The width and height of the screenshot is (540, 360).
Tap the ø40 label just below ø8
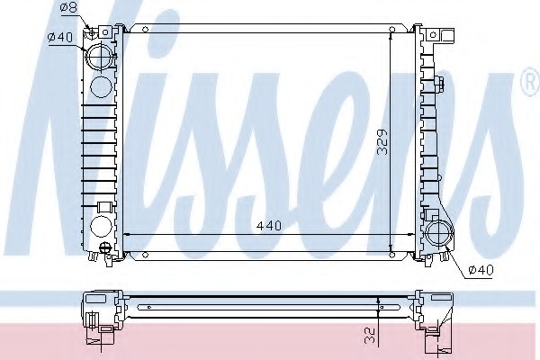(x=60, y=37)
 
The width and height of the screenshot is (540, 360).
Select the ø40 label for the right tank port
(x=481, y=269)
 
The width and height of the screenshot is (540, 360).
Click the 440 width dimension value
(x=269, y=226)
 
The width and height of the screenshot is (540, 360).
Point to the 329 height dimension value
(x=382, y=142)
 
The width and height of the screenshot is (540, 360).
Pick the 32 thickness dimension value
(x=369, y=336)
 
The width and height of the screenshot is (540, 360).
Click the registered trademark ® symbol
(x=531, y=82)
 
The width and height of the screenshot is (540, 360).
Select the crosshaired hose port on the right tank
(x=439, y=234)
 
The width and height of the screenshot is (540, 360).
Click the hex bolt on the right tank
(x=440, y=84)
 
